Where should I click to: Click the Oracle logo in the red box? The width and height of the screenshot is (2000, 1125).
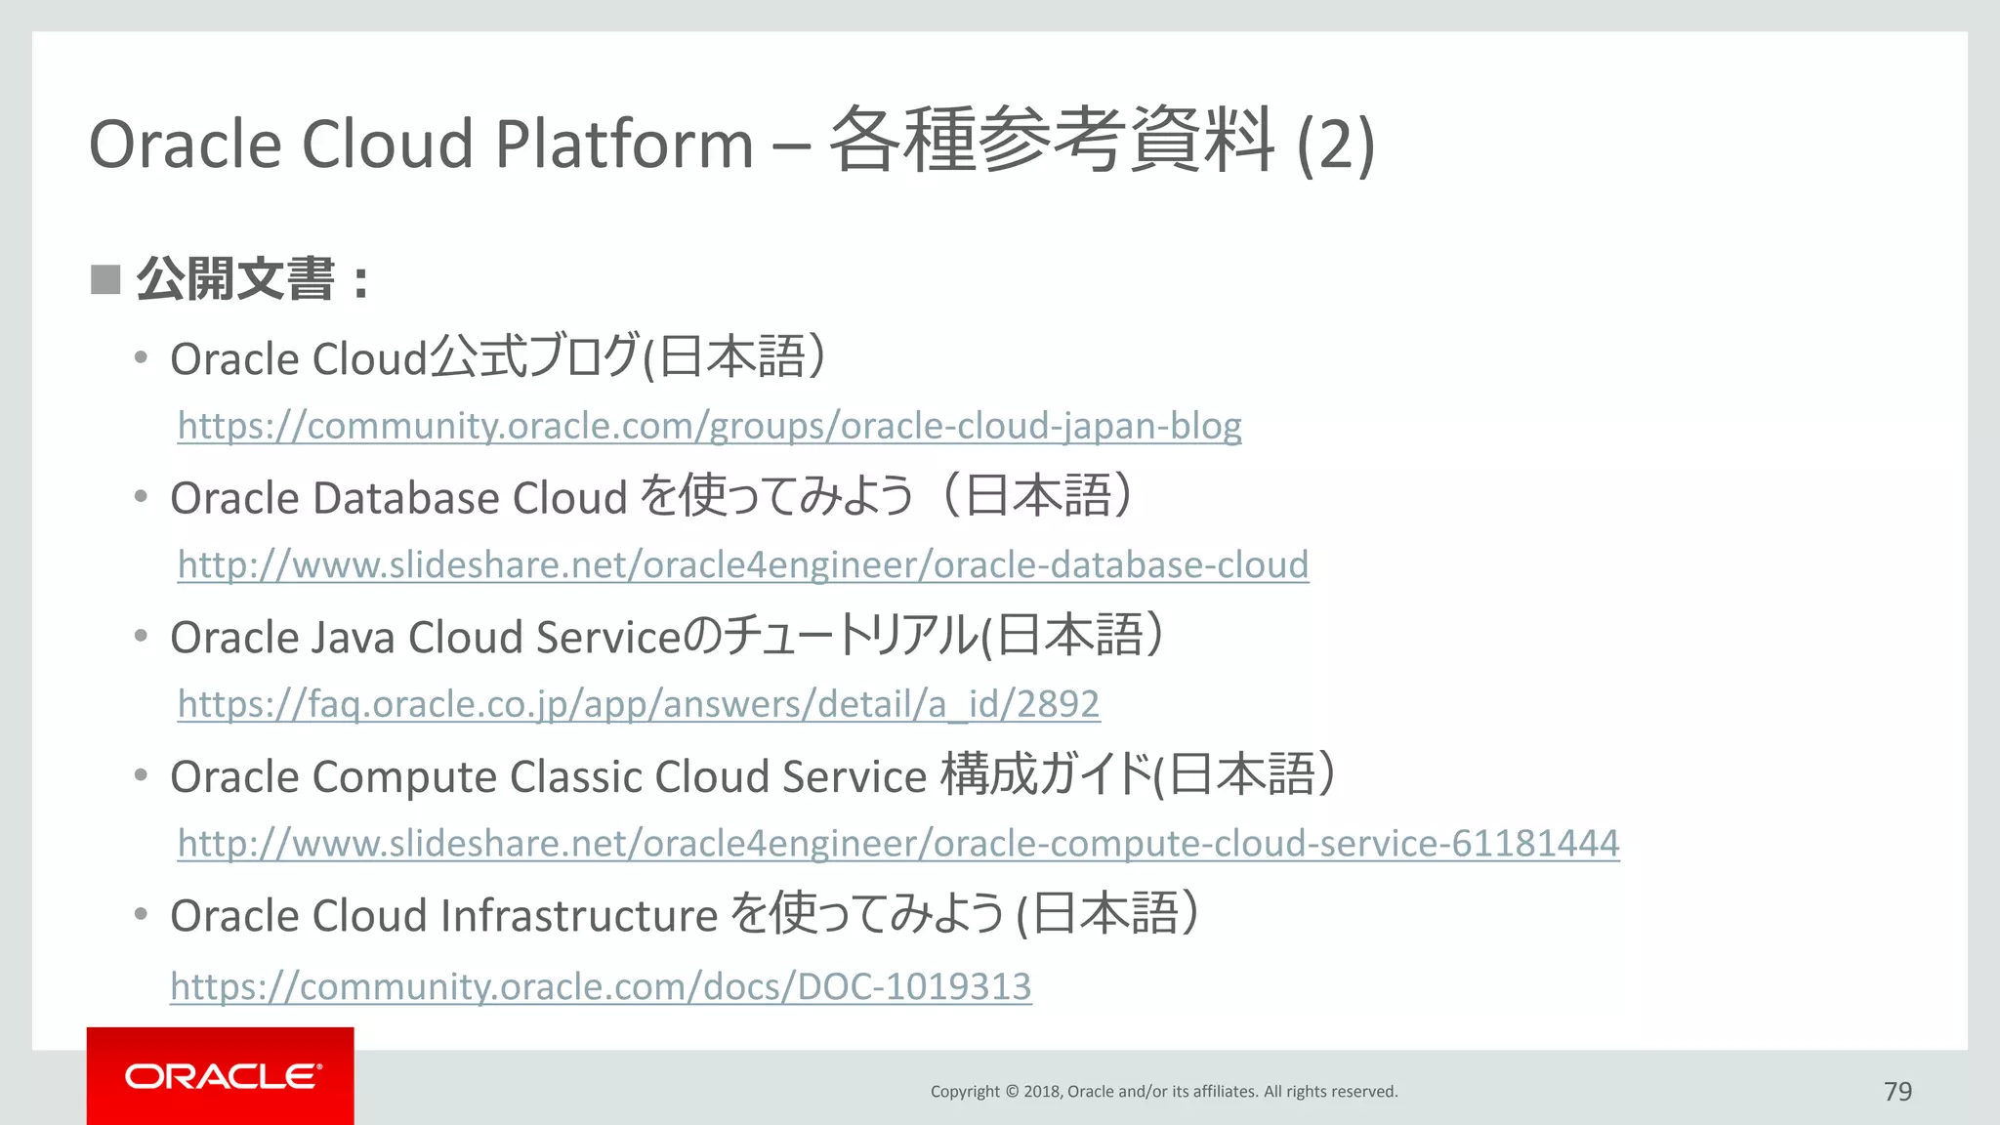(x=222, y=1076)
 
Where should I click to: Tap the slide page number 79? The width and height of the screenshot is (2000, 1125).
(x=1897, y=1091)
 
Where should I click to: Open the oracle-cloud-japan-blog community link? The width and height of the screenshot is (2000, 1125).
(x=709, y=426)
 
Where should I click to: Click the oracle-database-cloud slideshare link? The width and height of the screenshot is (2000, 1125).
(x=742, y=565)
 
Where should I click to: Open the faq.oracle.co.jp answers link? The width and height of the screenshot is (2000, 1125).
(x=639, y=704)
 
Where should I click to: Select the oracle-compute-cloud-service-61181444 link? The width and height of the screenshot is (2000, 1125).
(x=898, y=844)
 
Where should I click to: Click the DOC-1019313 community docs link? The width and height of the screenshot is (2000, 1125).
(x=601, y=986)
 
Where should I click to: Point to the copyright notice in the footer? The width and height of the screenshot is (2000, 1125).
(x=1164, y=1091)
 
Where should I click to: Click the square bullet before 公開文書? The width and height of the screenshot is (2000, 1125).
(x=105, y=279)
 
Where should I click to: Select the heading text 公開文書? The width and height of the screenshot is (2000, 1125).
(x=235, y=279)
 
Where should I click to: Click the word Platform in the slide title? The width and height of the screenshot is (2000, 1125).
(x=624, y=145)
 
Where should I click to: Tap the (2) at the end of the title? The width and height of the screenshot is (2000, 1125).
(x=1335, y=145)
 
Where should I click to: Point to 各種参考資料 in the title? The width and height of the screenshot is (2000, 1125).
(x=1052, y=141)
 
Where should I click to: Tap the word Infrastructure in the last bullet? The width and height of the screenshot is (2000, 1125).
(x=579, y=916)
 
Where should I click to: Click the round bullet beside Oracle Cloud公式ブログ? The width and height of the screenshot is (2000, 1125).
(x=142, y=357)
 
